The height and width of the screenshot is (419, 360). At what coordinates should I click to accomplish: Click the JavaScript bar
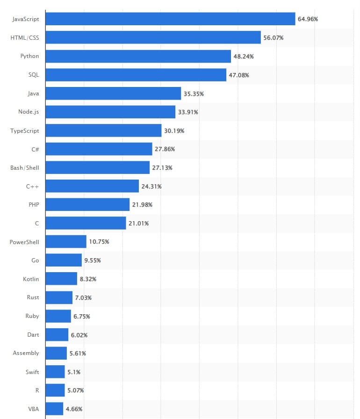[x=171, y=19]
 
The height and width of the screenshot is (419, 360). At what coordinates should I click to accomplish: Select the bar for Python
[x=138, y=56]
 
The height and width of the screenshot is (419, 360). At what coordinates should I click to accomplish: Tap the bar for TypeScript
[x=104, y=130]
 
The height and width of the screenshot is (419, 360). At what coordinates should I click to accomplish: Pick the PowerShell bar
[x=66, y=242]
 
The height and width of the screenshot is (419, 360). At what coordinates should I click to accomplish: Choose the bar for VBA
[x=55, y=409]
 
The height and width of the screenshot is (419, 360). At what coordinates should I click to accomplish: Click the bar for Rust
[x=59, y=297]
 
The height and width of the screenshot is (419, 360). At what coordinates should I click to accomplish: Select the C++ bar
[x=93, y=186]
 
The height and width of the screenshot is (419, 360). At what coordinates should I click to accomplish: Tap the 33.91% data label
[x=188, y=112]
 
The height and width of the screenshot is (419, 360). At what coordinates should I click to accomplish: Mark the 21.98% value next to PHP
[x=142, y=205]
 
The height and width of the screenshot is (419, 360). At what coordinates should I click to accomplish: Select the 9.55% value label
[x=93, y=260]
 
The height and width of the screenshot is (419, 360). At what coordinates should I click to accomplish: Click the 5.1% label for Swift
[x=74, y=372]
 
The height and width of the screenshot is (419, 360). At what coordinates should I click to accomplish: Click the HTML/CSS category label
[x=25, y=37]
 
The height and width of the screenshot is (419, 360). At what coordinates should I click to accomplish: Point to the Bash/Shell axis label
[x=25, y=167]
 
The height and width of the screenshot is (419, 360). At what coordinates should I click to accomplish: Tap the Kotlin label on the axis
[x=31, y=279]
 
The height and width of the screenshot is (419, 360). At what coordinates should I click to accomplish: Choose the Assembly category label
[x=26, y=353]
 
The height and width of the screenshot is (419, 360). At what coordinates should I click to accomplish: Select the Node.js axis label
[x=29, y=112]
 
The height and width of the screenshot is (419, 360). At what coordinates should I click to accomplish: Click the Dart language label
[x=33, y=334]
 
